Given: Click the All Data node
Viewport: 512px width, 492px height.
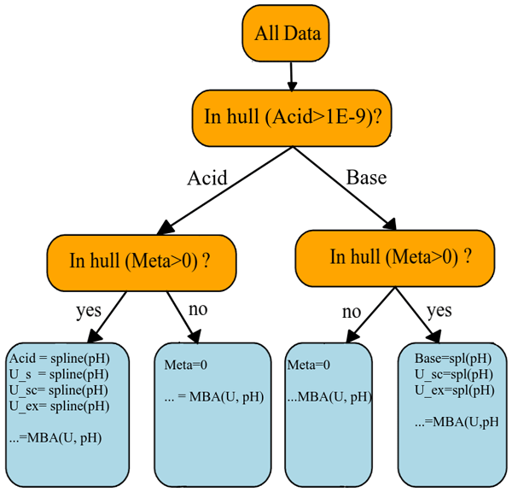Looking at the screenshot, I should (x=288, y=34).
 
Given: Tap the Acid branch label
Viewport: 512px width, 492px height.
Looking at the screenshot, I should (x=207, y=178).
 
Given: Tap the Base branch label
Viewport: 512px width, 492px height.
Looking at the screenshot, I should (x=366, y=178).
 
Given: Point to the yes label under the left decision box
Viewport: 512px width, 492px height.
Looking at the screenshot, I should (x=88, y=310).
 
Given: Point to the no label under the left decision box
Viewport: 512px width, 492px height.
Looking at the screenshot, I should (x=197, y=308).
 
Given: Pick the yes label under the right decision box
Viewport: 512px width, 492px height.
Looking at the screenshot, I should (x=439, y=310).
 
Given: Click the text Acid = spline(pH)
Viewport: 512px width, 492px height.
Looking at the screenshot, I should (x=59, y=359).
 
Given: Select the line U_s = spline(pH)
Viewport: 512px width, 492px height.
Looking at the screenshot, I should (x=59, y=374).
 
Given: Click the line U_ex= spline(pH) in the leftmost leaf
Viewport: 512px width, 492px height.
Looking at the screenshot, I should (x=59, y=406).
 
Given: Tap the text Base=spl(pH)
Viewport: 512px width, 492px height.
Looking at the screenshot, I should (x=453, y=359).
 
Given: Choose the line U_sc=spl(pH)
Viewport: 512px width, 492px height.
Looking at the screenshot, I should (x=453, y=374).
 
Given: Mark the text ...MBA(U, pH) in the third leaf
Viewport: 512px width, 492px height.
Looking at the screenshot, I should (x=329, y=396).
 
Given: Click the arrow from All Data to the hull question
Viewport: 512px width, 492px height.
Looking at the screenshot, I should (x=292, y=75).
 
